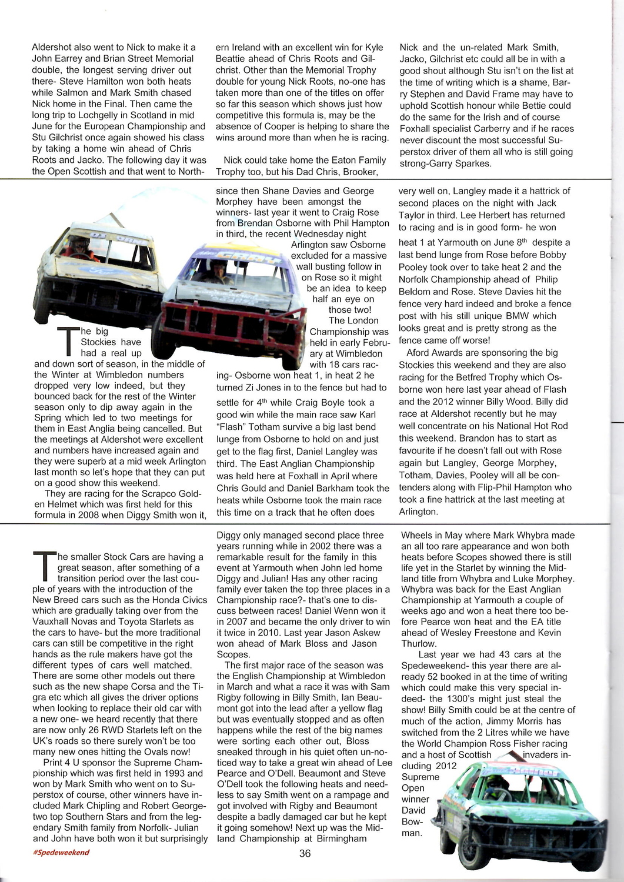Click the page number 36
(305, 853)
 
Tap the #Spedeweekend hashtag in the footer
(61, 853)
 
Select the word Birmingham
(342, 838)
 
